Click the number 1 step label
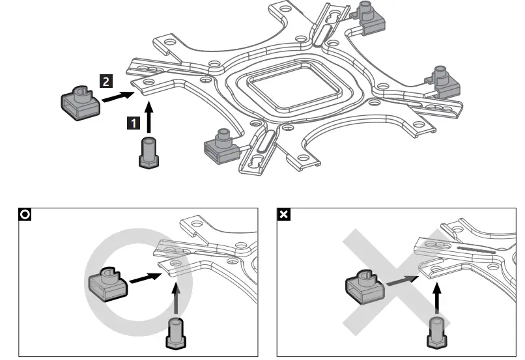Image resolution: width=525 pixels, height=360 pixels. coord(132,121)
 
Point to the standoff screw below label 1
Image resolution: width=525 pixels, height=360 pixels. coord(149,152)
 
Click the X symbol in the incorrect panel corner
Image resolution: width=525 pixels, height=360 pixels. coord(285,214)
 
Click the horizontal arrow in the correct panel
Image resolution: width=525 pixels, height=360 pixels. coord(144,277)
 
